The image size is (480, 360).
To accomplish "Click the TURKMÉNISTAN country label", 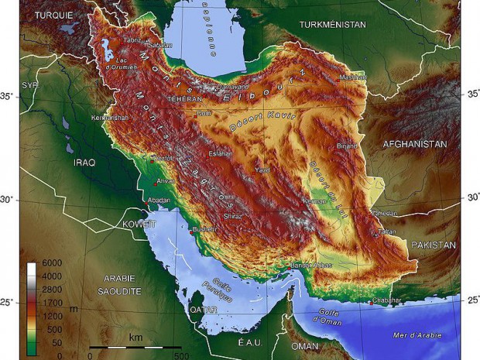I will [x=332, y=25].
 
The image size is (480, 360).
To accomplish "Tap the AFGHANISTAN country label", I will [x=415, y=145].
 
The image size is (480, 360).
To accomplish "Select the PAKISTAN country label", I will [x=434, y=245].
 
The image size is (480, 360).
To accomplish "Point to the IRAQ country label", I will [x=84, y=164].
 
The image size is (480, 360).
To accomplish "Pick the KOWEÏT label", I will [x=139, y=224].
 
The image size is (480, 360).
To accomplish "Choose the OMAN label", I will [x=305, y=345].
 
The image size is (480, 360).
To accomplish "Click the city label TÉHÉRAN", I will [x=185, y=100].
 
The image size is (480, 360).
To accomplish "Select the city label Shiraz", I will [x=232, y=217].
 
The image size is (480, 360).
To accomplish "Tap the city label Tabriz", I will [x=132, y=39].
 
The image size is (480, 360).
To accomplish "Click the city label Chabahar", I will [x=386, y=300].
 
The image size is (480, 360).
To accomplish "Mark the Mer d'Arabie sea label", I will [x=416, y=335].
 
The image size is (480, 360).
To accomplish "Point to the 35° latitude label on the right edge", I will [x=470, y=94].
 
